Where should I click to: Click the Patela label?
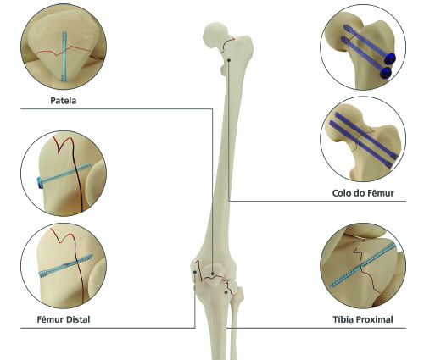[x=64, y=101]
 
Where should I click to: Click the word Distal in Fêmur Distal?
[x=78, y=319]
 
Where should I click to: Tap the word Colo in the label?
[x=341, y=193]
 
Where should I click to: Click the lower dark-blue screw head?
[x=386, y=73]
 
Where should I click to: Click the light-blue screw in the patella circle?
[x=64, y=57]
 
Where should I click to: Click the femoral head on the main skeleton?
[x=215, y=36]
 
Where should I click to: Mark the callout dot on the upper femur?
[x=229, y=60]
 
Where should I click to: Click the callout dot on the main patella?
[x=213, y=274]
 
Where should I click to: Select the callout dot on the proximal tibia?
[x=226, y=292]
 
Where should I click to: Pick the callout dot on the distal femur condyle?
[x=195, y=272]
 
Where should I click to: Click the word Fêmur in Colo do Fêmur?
[x=381, y=193]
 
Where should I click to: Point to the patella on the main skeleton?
[x=215, y=275]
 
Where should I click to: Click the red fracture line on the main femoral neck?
[x=227, y=44]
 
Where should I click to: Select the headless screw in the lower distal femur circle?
[x=66, y=265]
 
